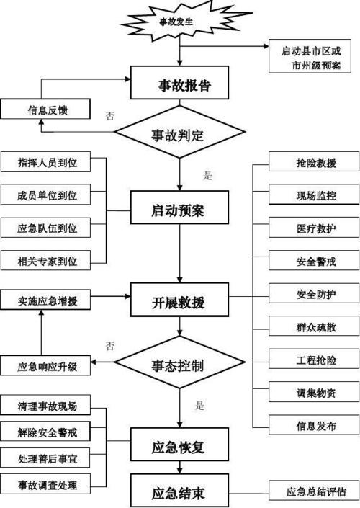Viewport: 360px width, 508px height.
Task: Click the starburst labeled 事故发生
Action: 179,22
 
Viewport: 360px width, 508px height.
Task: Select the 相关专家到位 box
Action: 48,260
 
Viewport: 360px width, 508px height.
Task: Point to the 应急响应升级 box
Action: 48,366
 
